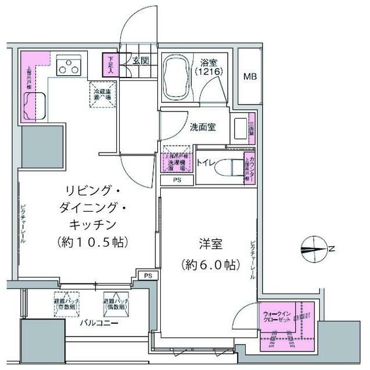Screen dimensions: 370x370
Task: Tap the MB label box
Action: [250, 76]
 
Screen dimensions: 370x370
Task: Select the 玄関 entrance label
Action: [140, 60]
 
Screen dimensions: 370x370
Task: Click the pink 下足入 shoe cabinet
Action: [110, 63]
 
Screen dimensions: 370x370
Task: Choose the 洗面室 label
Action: [203, 127]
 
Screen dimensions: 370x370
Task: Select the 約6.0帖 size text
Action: [209, 265]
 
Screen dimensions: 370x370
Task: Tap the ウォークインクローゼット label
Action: [279, 316]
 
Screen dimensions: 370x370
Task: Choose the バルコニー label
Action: [99, 323]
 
